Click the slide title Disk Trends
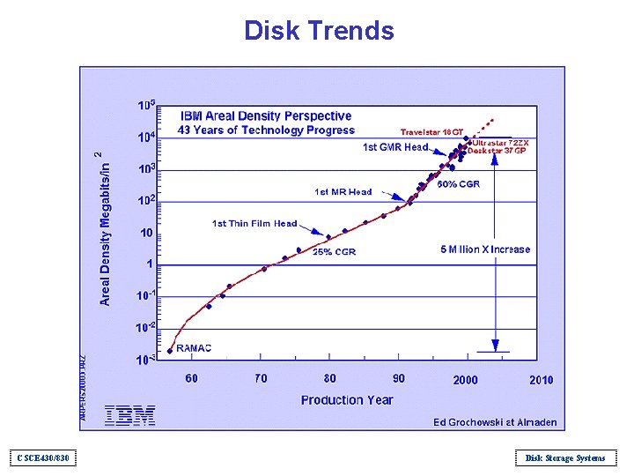tap(319, 31)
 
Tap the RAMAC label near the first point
tap(194, 348)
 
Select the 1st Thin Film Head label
tap(254, 224)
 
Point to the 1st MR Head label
tap(343, 191)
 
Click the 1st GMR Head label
tap(395, 147)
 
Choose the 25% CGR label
tap(334, 251)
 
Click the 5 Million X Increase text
tap(485, 249)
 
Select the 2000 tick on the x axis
tap(466, 380)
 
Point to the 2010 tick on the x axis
tap(542, 380)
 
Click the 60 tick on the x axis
tap(191, 379)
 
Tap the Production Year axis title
tap(347, 400)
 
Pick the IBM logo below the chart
tap(129, 415)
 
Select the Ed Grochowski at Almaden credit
tap(495, 422)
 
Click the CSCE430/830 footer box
tap(41, 457)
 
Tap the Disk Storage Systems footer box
tap(564, 457)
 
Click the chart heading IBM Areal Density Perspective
tap(266, 115)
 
